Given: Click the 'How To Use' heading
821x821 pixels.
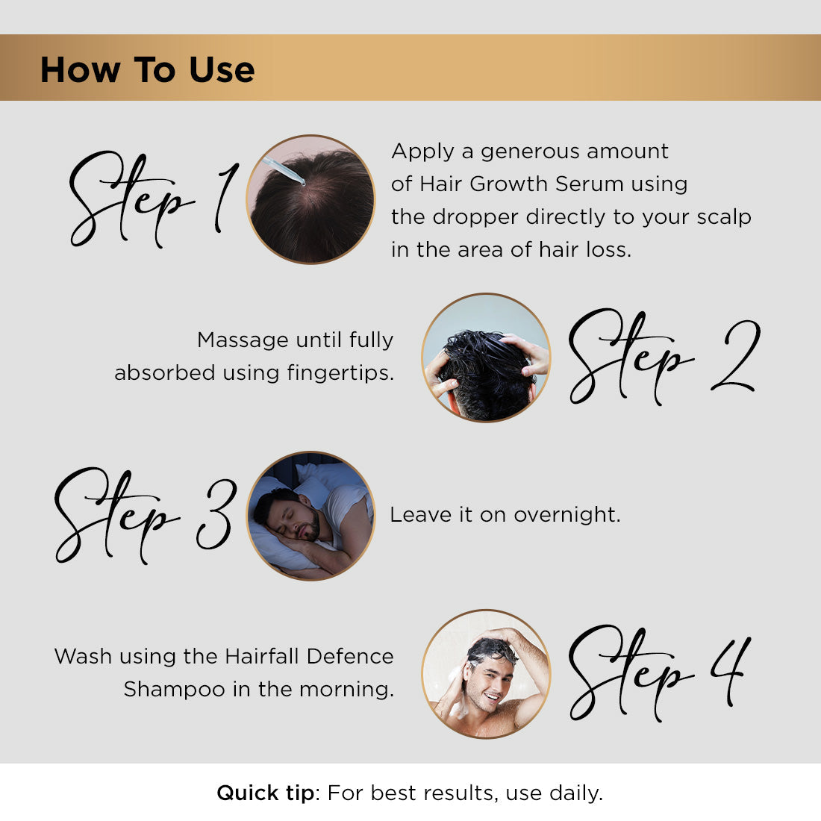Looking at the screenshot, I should point(147,69).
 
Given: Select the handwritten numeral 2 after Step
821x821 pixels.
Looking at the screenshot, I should point(735,357).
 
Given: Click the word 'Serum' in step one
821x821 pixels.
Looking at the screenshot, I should point(587,184).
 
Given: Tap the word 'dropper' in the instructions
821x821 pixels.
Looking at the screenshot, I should point(475,216).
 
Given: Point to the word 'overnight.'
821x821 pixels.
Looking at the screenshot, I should point(567,514).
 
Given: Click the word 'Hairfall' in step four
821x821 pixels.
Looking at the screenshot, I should point(263,656).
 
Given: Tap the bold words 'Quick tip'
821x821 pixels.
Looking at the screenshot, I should point(266,793).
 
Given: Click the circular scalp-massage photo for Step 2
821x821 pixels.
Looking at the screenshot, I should point(486,358).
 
